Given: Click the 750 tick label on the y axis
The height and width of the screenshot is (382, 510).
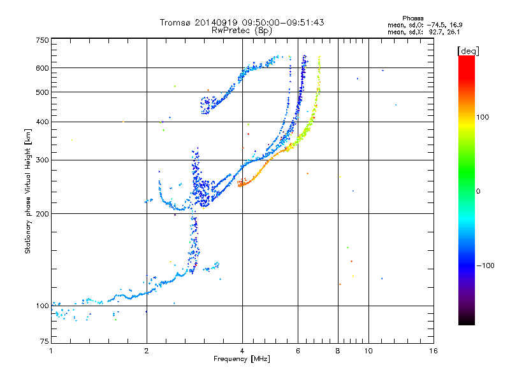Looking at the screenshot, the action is click(42, 40).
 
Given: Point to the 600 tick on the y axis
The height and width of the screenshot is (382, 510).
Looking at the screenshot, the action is click(42, 68).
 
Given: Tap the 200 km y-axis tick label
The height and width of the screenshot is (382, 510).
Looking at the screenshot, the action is click(42, 214).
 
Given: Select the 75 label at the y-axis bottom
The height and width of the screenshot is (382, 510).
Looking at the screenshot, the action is click(45, 341).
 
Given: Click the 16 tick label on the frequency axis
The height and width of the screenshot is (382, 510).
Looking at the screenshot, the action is click(433, 351).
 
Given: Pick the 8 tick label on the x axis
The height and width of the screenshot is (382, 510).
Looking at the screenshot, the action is click(338, 351).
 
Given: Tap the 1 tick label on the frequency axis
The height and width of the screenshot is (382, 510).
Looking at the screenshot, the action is click(51, 351).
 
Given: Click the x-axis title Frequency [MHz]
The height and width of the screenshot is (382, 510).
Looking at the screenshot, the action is click(242, 359).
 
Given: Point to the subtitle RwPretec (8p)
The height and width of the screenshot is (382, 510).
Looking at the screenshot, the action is click(242, 31).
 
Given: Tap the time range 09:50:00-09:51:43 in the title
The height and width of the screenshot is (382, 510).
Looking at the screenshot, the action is click(283, 22).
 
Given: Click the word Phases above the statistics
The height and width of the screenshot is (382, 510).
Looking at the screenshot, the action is click(412, 18).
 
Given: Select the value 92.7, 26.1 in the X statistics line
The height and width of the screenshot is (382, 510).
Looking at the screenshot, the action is click(444, 32).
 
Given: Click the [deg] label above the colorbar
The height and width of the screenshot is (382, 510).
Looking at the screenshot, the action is click(468, 51).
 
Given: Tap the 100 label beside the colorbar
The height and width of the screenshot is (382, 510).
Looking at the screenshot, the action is click(483, 117).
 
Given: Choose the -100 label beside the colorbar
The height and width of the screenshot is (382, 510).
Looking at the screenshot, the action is click(486, 265).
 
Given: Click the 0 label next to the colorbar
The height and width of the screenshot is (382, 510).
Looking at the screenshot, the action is click(478, 192).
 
